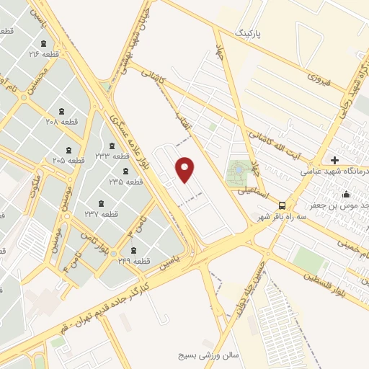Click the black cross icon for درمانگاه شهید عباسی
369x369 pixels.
pyautogui.click(x=334, y=159)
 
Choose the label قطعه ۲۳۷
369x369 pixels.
pyautogui.click(x=100, y=214)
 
